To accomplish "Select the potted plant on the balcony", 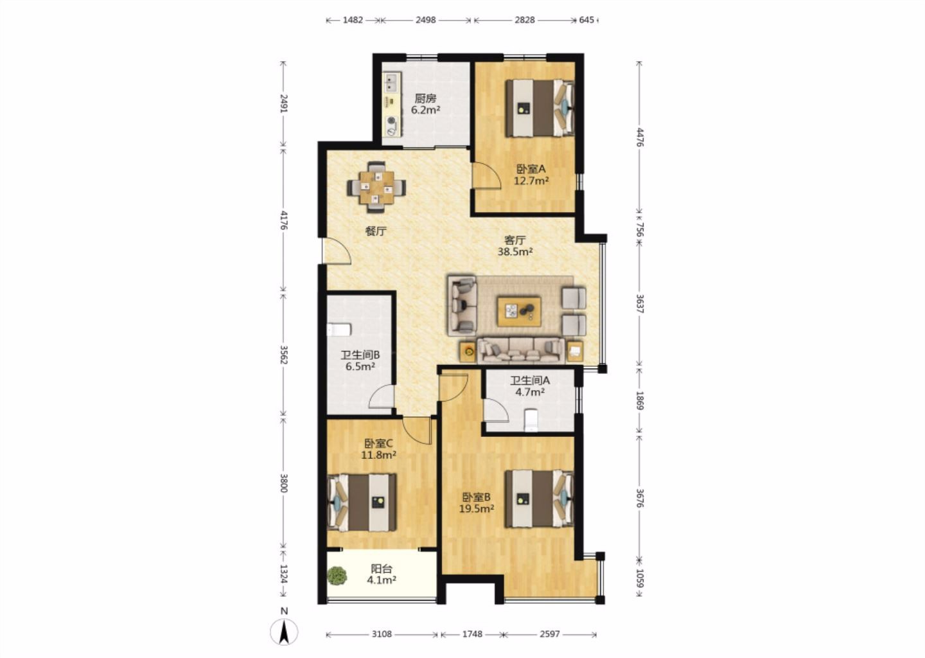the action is click(337, 575).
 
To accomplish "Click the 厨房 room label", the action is click(425, 98).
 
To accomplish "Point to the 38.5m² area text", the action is click(515, 251).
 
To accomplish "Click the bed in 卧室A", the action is click(540, 108).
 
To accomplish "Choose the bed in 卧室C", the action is click(362, 502).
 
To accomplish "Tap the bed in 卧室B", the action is click(540, 499).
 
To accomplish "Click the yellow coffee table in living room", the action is click(519, 312).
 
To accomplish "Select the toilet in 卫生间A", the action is click(531, 419).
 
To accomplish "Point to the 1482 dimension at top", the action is click(353, 20).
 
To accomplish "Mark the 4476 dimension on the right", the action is click(639, 137).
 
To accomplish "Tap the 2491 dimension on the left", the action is click(284, 103).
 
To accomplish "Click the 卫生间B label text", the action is click(360, 355).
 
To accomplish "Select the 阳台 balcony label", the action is click(382, 569).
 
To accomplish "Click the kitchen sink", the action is click(103, 82).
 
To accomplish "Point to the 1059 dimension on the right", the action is click(639, 578).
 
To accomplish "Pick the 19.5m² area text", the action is click(477, 508).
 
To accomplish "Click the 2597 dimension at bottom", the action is click(550, 634).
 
